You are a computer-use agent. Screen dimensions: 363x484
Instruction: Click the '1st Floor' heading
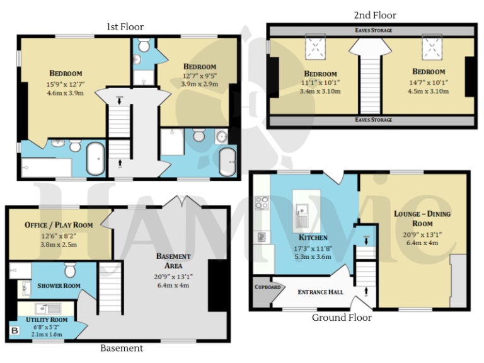coord(124,26)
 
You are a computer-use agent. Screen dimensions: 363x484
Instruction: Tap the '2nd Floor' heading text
coord(376,15)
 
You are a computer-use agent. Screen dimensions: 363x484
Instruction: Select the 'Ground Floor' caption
coord(342,318)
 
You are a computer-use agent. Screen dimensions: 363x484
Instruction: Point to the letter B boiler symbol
coord(14,330)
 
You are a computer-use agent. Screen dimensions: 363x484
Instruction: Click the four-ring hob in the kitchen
coord(262,204)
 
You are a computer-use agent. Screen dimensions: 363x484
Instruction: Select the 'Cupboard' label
coord(267,286)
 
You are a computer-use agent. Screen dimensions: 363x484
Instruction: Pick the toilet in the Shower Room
coord(70,270)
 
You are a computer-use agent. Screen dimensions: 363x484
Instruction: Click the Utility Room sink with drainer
coord(48,308)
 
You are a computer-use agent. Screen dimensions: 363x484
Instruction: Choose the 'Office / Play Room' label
coord(59,225)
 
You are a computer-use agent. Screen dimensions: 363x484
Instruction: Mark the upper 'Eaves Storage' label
coord(373,30)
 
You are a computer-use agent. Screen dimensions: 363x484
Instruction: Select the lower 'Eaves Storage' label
coord(373,120)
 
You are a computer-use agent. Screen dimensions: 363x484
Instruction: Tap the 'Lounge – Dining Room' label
coord(422,219)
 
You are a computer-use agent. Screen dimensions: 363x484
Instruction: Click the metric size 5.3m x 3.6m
coord(313,256)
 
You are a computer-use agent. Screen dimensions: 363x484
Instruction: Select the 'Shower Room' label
coord(59,285)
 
